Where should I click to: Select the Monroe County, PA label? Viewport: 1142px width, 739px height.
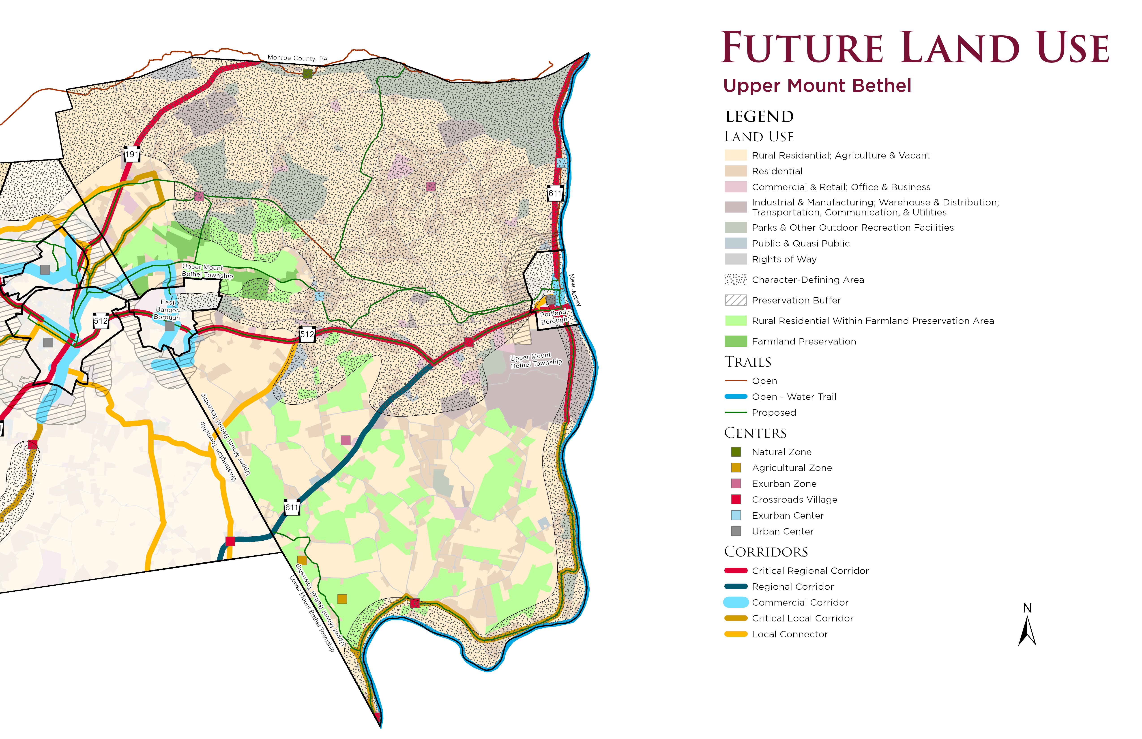pyautogui.click(x=298, y=58)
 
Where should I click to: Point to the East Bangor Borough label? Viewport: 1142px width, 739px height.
pyautogui.click(x=167, y=310)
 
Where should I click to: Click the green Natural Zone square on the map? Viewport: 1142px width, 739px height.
pyautogui.click(x=308, y=73)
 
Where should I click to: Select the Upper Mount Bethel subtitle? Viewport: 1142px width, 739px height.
pyautogui.click(x=817, y=85)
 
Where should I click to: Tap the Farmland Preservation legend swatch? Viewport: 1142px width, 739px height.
pyautogui.click(x=736, y=341)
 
